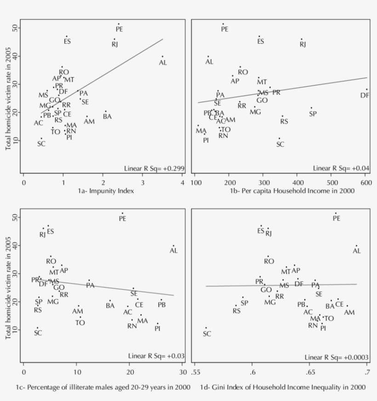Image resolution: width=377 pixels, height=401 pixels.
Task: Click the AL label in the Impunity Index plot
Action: [163, 63]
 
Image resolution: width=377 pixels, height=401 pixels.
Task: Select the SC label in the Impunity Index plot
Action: [41, 144]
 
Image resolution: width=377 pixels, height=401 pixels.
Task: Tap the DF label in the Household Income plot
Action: [364, 95]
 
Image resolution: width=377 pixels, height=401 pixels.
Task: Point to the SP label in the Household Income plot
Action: [313, 114]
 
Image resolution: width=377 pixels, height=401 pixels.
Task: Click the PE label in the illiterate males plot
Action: [122, 219]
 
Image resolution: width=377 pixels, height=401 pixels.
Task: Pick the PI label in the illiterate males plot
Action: [157, 328]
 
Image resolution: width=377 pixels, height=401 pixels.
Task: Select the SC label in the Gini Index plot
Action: [207, 333]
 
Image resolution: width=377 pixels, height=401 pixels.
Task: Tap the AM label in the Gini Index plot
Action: [349, 312]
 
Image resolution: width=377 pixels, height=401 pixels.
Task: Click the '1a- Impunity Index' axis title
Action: [103, 191]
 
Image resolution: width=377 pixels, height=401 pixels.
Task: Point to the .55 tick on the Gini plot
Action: [195, 372]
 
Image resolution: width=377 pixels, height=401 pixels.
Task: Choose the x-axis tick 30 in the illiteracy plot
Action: [183, 372]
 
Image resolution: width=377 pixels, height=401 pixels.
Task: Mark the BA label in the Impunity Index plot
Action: [107, 116]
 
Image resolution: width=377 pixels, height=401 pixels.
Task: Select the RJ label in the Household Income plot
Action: [303, 45]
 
